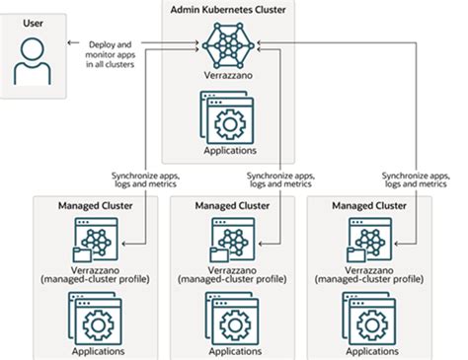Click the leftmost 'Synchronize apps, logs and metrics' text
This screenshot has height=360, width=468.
[129, 180]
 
